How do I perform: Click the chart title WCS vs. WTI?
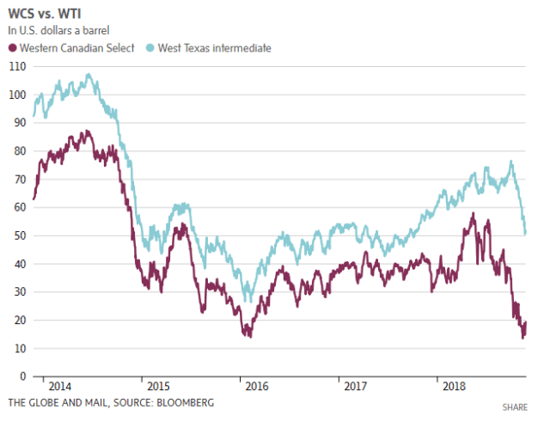(44, 15)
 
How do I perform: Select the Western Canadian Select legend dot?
(13, 48)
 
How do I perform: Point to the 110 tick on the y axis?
(15, 66)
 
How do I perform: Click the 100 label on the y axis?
(15, 95)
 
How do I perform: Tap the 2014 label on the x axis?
(59, 387)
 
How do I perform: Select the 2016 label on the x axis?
(256, 387)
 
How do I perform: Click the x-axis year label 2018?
(453, 387)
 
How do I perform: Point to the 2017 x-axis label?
(355, 387)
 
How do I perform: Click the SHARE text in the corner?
(514, 406)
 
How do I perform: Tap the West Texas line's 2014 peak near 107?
(88, 74)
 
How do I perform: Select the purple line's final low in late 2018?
(522, 337)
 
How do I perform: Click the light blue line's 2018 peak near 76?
(511, 161)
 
